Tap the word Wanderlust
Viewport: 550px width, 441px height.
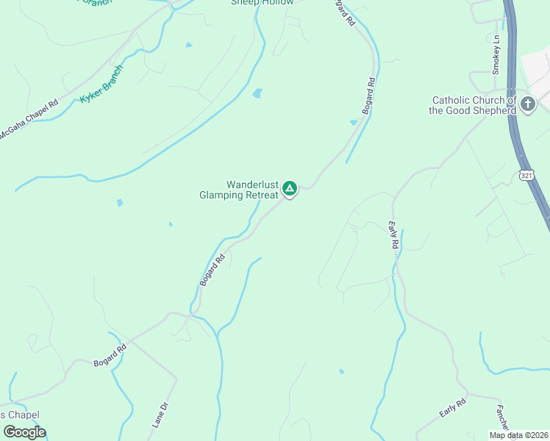click(252, 184)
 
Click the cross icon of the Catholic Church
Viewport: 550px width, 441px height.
click(527, 105)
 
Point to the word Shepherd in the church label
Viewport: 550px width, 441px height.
click(490, 110)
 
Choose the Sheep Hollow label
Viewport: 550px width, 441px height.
click(262, 2)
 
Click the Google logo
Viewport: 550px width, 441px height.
click(24, 432)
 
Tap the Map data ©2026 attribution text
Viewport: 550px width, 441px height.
click(518, 435)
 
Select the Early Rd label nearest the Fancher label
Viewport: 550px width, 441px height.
click(453, 409)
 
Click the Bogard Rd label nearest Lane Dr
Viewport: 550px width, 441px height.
click(110, 354)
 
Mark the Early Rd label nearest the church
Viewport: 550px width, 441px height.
click(393, 234)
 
